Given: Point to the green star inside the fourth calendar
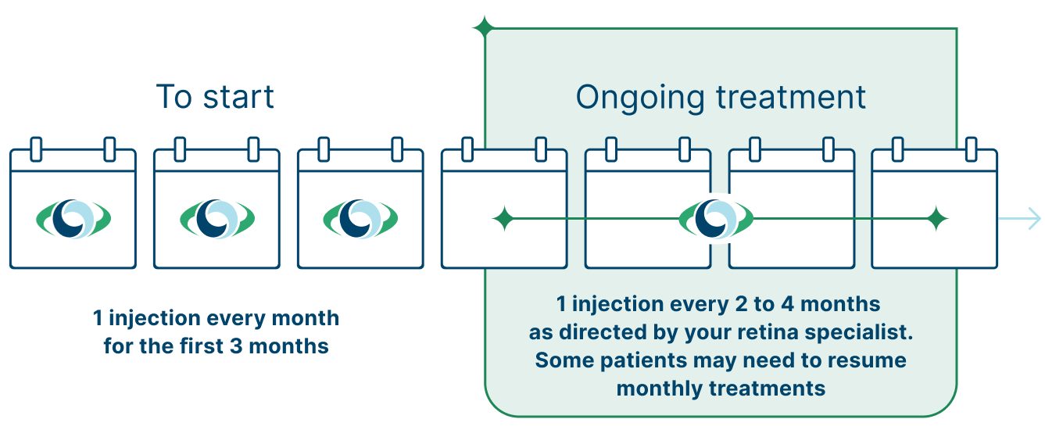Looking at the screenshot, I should pyautogui.click(x=503, y=219).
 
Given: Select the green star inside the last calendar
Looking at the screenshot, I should pyautogui.click(x=936, y=219).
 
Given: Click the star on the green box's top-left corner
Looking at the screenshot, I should pyautogui.click(x=485, y=29).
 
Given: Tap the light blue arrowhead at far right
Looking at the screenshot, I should pyautogui.click(x=1033, y=218).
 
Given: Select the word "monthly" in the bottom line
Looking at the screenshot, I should pyautogui.click(x=653, y=389).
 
